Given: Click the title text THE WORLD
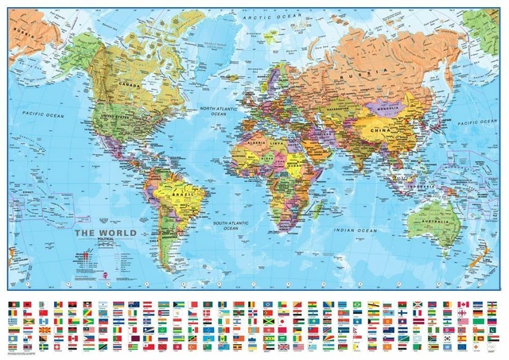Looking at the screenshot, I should [x=106, y=233].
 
